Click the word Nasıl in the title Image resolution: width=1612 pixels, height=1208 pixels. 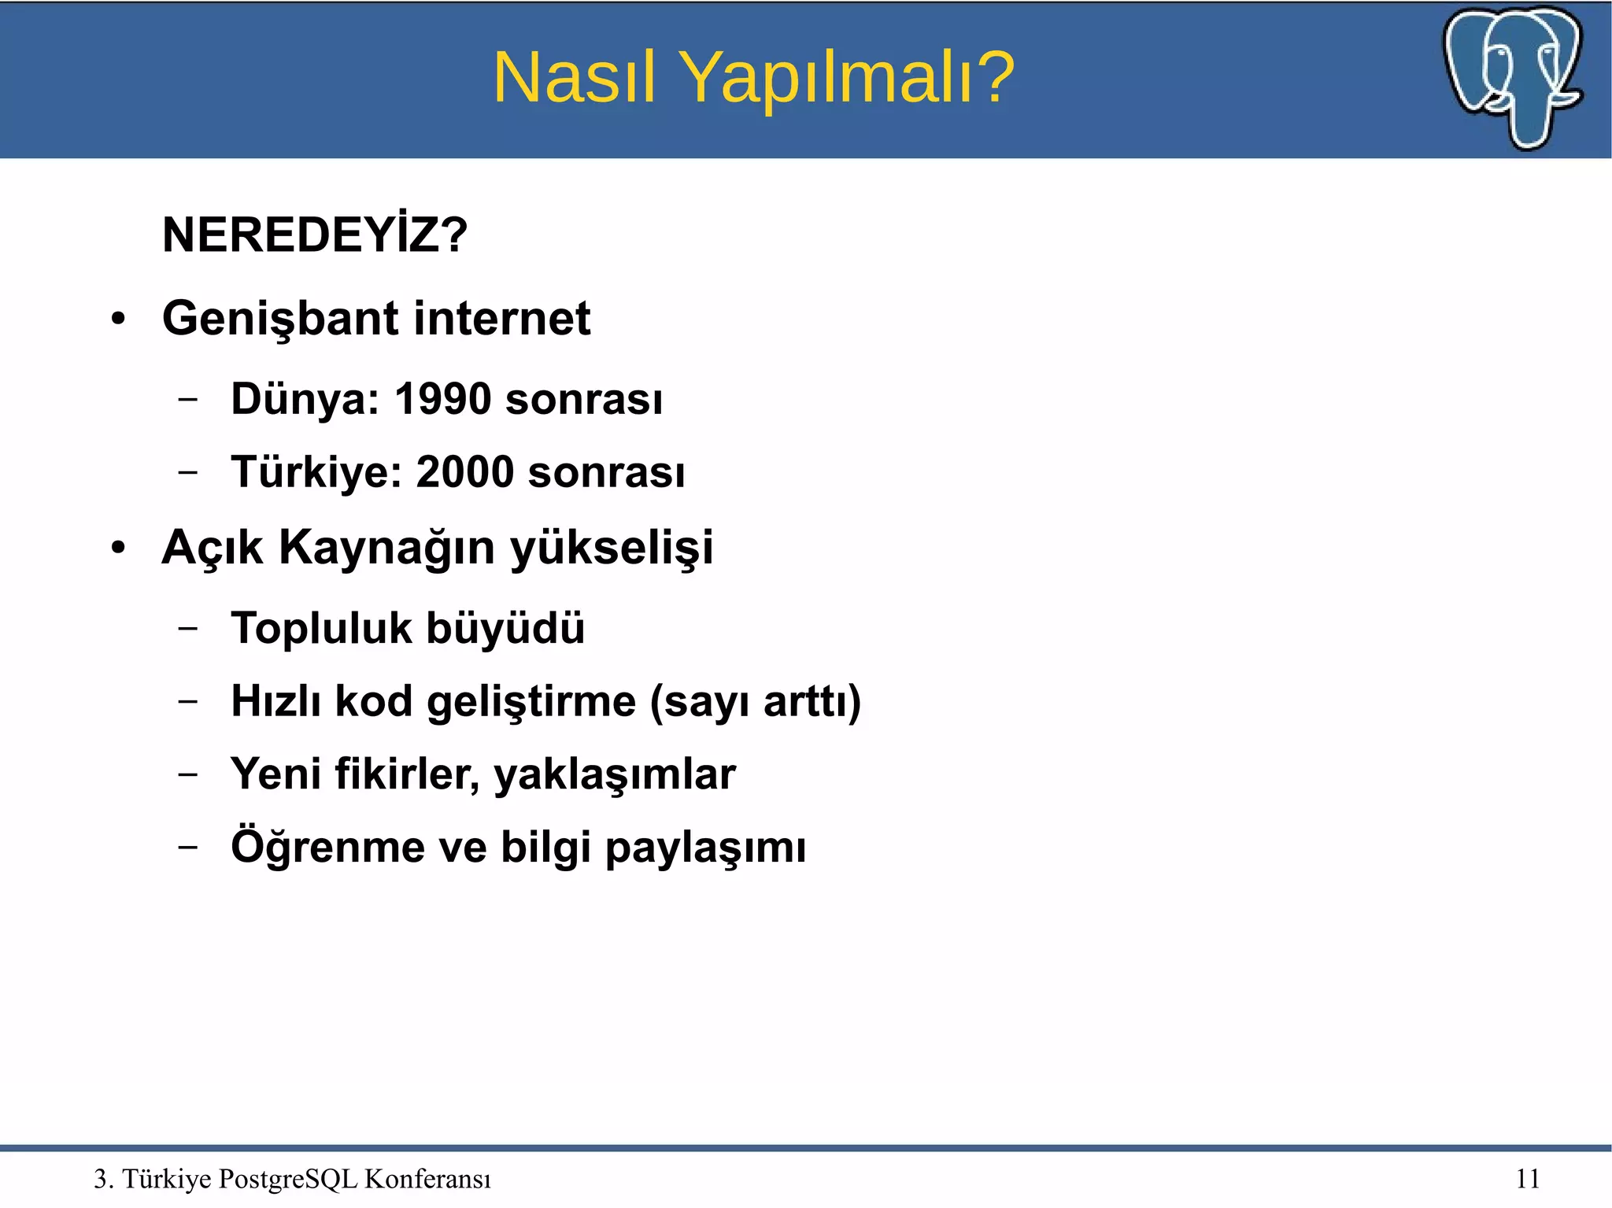pyautogui.click(x=574, y=77)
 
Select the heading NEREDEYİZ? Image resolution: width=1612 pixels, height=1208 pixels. pyautogui.click(x=315, y=235)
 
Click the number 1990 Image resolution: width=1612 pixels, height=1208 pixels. pyautogui.click(x=442, y=399)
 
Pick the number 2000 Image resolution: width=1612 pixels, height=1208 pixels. pyautogui.click(x=464, y=472)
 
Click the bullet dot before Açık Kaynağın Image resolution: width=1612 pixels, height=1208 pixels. pyautogui.click(x=118, y=549)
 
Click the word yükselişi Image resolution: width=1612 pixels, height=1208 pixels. pyautogui.click(x=612, y=548)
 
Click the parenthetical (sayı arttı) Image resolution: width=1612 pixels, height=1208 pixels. pyautogui.click(x=756, y=701)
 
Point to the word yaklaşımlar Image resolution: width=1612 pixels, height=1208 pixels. pyautogui.click(x=614, y=774)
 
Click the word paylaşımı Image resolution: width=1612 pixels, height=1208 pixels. pyautogui.click(x=705, y=848)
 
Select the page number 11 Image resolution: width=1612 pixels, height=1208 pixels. pyautogui.click(x=1527, y=1179)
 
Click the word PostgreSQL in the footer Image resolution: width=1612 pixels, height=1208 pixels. pyautogui.click(x=288, y=1179)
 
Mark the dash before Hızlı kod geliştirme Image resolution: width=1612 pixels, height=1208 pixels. pyautogui.click(x=187, y=700)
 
